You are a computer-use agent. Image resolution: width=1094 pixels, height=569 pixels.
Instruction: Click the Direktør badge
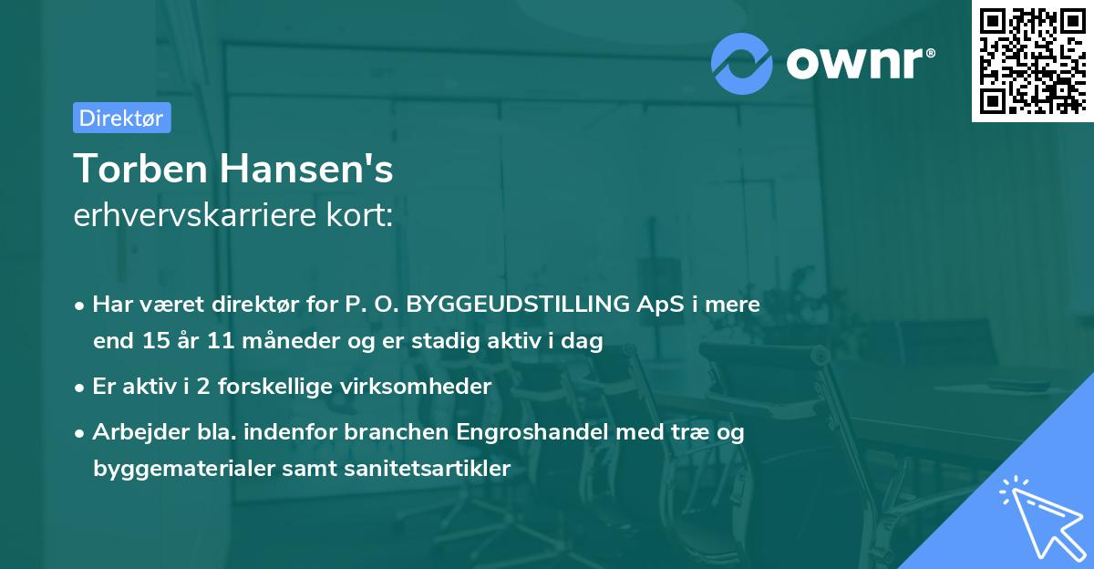121,118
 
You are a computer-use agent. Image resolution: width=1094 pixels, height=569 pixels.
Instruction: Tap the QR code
1031,60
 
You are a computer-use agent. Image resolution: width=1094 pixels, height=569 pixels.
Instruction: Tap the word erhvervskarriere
198,216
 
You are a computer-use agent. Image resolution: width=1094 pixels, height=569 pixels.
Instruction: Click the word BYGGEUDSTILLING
523,304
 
